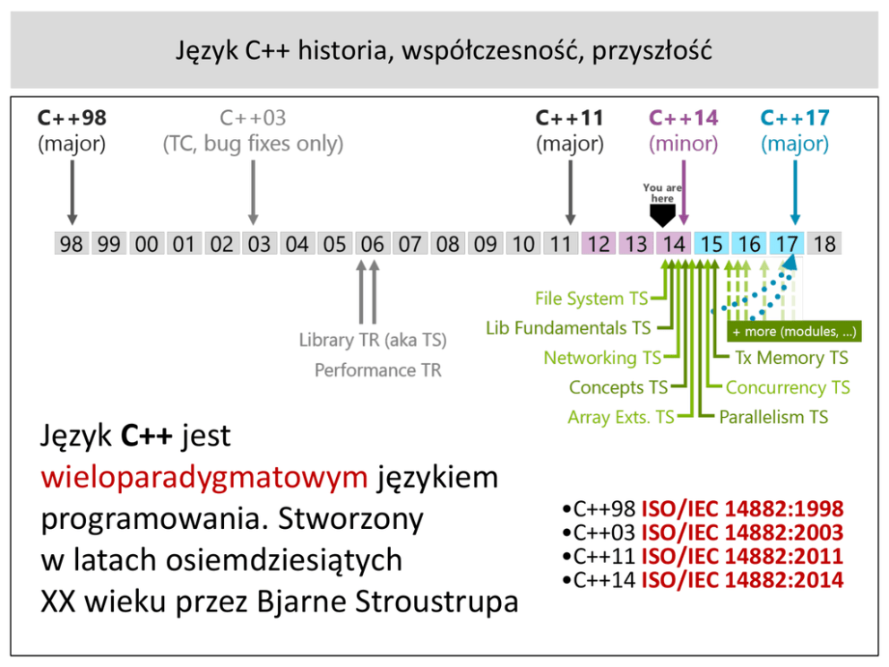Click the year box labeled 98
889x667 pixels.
tap(72, 243)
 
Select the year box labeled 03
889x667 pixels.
tap(259, 243)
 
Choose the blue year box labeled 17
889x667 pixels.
tap(786, 243)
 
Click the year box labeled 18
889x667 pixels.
tap(824, 243)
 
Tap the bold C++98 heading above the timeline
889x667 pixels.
tap(72, 118)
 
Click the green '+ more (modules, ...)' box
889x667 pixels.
tap(794, 332)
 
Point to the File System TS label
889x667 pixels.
tap(591, 299)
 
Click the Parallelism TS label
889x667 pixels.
tap(773, 417)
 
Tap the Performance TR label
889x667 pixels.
tap(377, 370)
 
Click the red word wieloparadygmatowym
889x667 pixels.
tap(204, 477)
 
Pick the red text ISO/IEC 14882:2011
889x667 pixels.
tap(742, 557)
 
